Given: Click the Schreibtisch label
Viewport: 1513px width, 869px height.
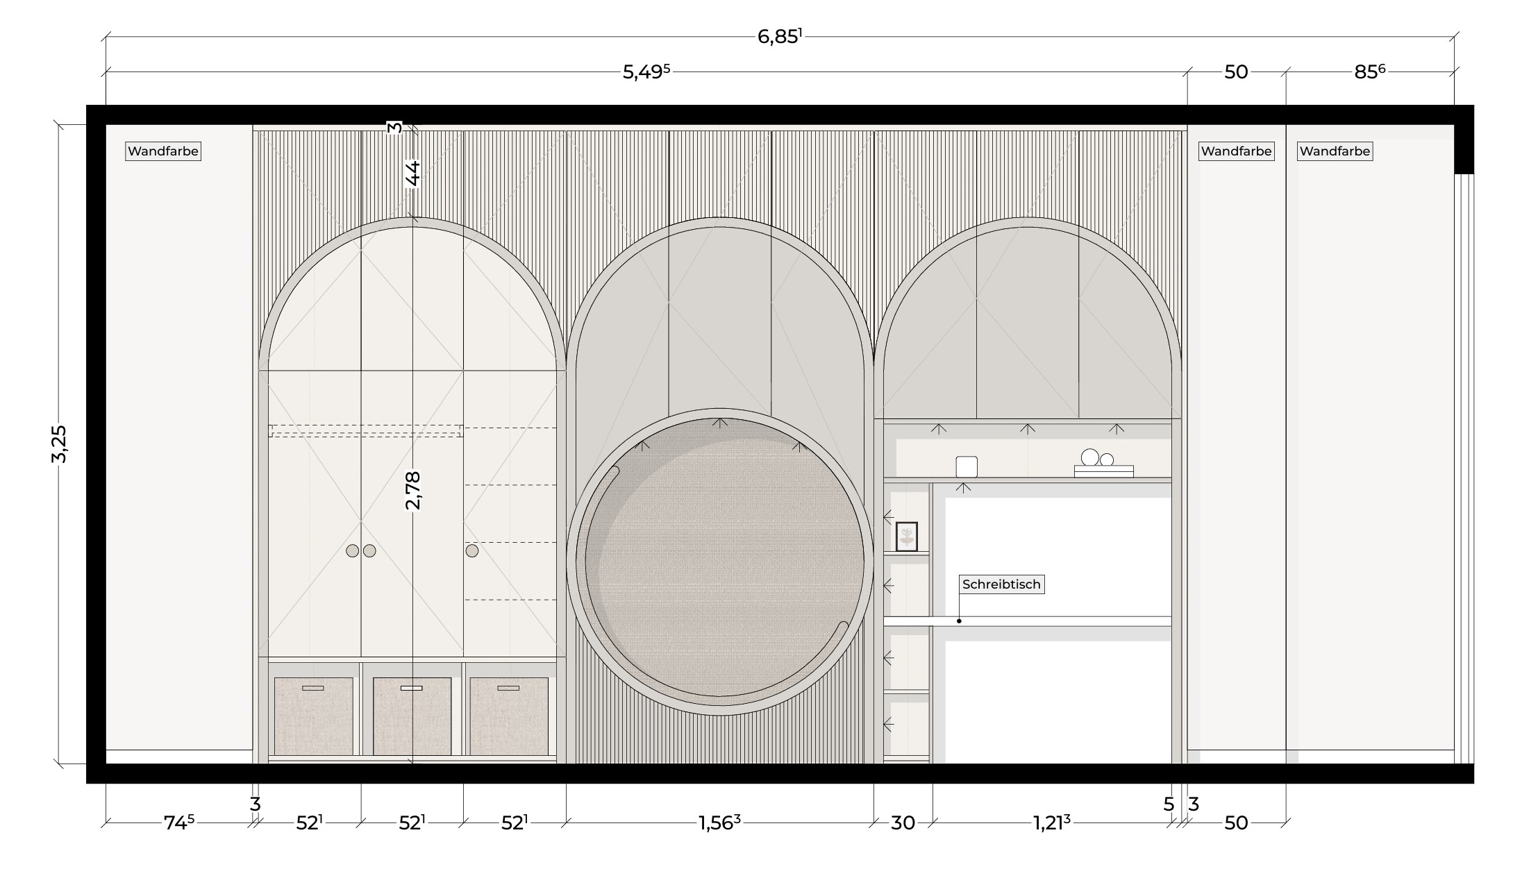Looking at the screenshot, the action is click(1001, 584).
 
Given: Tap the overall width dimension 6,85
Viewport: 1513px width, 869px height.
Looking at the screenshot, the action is click(780, 37).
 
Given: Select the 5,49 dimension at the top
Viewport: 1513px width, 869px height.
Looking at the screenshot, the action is click(646, 72).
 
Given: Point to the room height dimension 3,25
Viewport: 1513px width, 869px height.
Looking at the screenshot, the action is click(60, 444).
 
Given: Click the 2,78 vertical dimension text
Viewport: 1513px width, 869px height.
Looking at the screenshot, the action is click(413, 490).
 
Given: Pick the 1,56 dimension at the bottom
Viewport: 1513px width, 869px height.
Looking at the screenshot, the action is click(719, 822).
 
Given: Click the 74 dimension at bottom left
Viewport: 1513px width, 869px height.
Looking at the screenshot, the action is click(179, 822).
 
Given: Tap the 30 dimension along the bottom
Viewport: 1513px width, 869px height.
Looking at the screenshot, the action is click(903, 822).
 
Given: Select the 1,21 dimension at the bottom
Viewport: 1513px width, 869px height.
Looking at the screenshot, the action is click(1052, 822).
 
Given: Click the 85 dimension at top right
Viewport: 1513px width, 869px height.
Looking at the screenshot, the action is click(1369, 72).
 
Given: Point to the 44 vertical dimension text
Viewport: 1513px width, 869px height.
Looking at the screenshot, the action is click(413, 174).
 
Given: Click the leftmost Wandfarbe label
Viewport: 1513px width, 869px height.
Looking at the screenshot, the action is click(163, 151).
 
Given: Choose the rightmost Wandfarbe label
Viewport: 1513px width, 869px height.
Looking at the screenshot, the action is click(1335, 151).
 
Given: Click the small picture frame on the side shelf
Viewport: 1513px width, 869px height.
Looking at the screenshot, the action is click(907, 537).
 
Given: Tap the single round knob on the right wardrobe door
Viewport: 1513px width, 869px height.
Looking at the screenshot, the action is click(472, 551).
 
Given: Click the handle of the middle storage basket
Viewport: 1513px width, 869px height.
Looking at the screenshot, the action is click(412, 689).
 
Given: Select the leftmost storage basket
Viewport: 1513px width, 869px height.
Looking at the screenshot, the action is click(314, 716).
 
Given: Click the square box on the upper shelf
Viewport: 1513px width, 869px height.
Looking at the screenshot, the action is click(967, 466).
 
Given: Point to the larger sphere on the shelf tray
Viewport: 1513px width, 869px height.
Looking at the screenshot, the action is click(1090, 457).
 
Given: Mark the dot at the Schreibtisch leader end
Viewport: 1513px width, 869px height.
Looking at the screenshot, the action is click(959, 621).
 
